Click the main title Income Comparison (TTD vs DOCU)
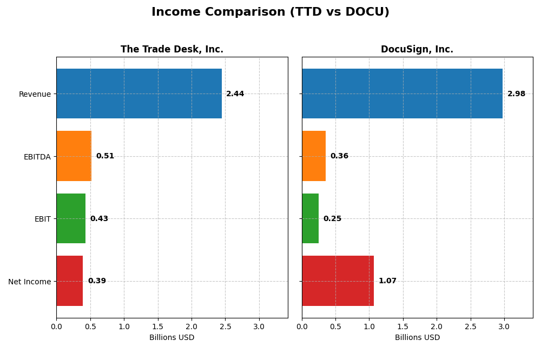(270, 12)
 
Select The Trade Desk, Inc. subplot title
(171, 50)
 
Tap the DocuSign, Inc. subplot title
(417, 50)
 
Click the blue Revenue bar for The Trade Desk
(139, 94)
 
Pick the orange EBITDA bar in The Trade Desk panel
(74, 156)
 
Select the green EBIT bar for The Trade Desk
(71, 218)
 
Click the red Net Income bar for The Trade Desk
(69, 281)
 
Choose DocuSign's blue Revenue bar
(402, 94)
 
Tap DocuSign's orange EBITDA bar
(314, 156)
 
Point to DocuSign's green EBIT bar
(310, 218)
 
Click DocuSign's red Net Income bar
(338, 281)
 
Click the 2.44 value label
(235, 94)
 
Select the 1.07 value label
(387, 281)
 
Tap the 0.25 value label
(332, 219)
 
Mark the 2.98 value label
(516, 94)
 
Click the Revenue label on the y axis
(35, 94)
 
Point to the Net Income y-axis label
(29, 282)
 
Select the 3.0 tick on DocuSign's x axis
(504, 326)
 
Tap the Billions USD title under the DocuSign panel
(417, 337)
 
